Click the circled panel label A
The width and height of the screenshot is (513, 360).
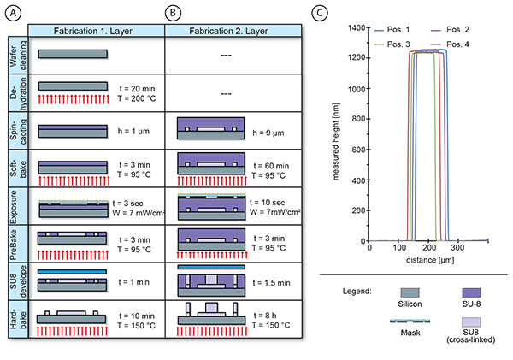(x=15, y=15)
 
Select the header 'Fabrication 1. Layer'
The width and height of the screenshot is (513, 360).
(x=97, y=30)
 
